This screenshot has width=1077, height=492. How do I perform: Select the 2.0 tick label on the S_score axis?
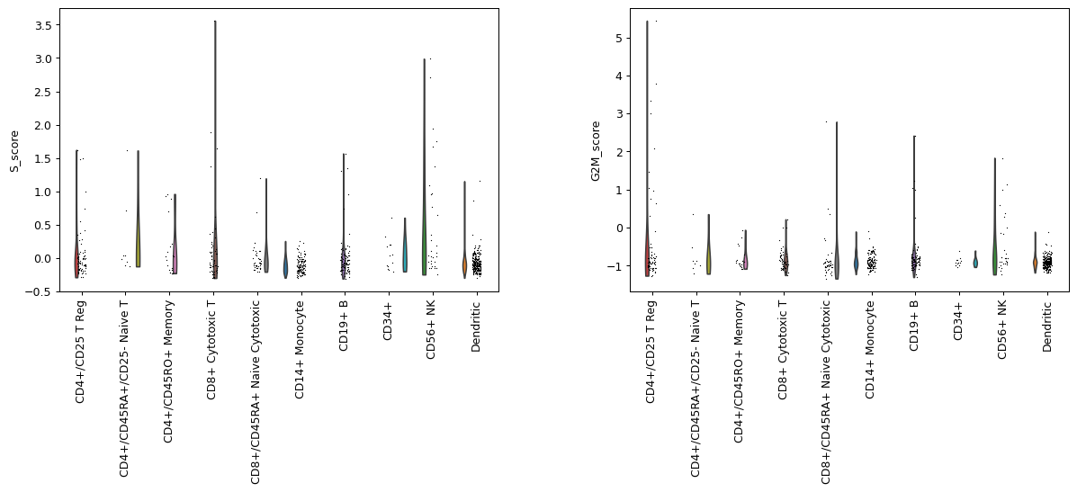[42, 125]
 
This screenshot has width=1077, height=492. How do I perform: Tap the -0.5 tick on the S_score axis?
[40, 291]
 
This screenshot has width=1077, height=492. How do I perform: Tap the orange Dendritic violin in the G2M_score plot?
[1035, 263]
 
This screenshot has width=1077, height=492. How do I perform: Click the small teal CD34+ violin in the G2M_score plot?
[974, 262]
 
